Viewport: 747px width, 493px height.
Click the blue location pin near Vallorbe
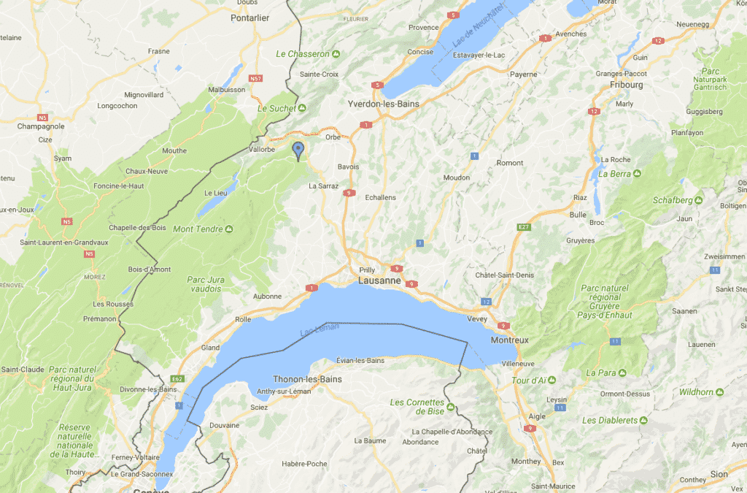pos(298,150)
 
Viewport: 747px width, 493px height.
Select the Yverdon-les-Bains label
pos(384,104)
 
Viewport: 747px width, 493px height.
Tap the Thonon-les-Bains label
pos(306,379)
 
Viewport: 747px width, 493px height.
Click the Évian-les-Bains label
pos(360,361)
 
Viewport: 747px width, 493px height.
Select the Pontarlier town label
pos(249,18)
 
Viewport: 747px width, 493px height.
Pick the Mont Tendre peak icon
pos(229,229)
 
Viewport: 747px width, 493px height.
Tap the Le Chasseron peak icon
pos(336,54)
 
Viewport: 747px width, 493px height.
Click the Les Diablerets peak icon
pos(643,421)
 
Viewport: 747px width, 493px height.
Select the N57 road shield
pos(255,78)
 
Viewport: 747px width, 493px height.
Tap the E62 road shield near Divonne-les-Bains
pos(177,379)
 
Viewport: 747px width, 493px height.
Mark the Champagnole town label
pos(40,126)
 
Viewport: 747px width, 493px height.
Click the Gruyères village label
pos(580,240)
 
